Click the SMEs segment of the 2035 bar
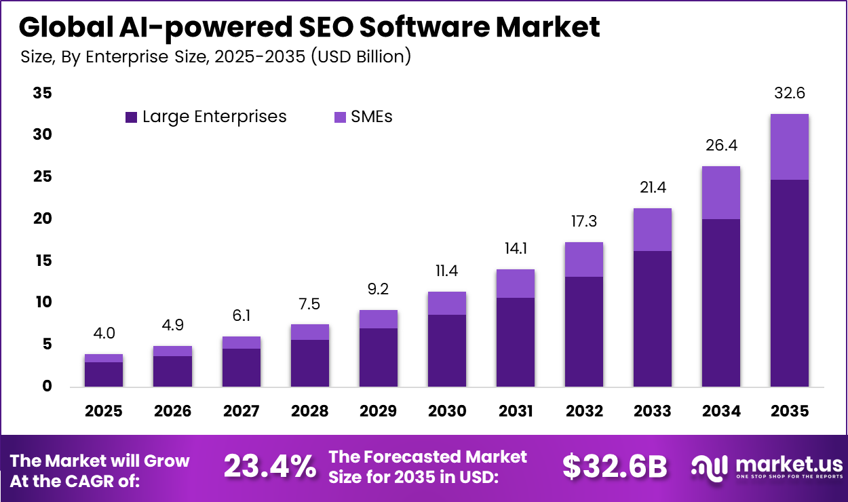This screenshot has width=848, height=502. click(x=789, y=147)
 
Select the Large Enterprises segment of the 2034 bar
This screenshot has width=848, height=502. click(x=720, y=303)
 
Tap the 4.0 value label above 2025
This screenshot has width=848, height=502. click(x=104, y=333)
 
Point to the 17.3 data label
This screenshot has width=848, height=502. click(x=583, y=221)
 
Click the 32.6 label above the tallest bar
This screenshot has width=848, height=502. click(x=789, y=93)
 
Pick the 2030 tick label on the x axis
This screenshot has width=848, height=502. click(x=446, y=411)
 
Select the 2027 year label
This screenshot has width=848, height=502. click(x=241, y=411)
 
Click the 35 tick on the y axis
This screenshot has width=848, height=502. click(x=42, y=94)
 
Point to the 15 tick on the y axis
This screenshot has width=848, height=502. click(x=42, y=260)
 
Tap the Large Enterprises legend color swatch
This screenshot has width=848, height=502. click(x=132, y=117)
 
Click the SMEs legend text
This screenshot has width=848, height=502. click(x=371, y=117)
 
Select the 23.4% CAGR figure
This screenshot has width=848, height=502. click(x=270, y=467)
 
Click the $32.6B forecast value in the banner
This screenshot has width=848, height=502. click(x=615, y=467)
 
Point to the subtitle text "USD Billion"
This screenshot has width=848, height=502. click(x=360, y=57)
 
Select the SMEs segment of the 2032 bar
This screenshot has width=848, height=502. click(x=583, y=259)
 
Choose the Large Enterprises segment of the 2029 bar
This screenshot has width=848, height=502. click(x=378, y=358)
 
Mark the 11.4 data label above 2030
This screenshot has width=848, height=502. click(x=446, y=271)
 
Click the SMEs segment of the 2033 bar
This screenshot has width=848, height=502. click(x=652, y=229)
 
